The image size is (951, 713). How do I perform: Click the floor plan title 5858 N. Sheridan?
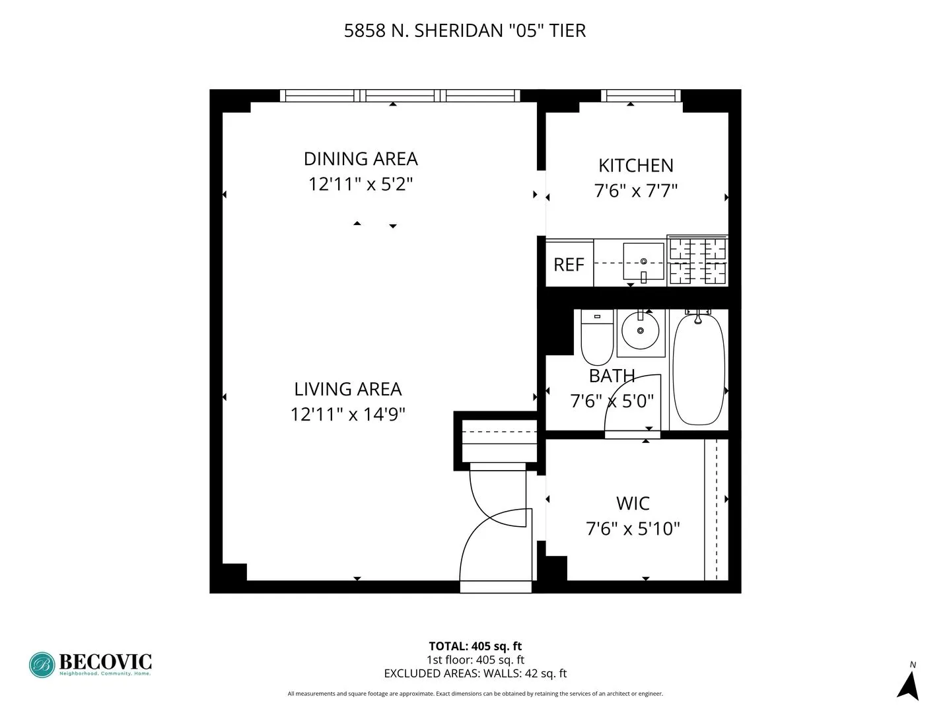click(464, 30)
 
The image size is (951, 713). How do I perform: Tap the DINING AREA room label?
click(361, 159)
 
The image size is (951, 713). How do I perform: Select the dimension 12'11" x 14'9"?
click(348, 415)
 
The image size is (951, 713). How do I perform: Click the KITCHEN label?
click(636, 166)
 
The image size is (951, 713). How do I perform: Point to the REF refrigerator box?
click(569, 264)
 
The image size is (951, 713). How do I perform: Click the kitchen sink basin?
click(643, 261)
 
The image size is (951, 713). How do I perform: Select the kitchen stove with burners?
click(697, 261)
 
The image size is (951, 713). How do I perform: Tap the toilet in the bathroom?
click(597, 338)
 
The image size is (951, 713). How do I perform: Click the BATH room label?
click(612, 376)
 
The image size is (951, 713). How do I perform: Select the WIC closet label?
click(633, 504)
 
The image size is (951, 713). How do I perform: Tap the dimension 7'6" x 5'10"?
click(633, 529)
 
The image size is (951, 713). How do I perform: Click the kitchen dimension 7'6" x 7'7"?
click(636, 191)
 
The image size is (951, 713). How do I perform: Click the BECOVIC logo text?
click(105, 661)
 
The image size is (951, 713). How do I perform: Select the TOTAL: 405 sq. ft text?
click(475, 646)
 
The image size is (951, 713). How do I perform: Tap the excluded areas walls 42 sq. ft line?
click(475, 673)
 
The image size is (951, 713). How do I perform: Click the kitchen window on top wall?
click(641, 96)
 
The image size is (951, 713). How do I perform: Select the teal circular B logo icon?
click(42, 665)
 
